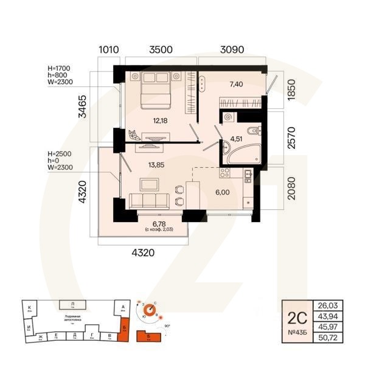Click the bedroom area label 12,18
click(x=160, y=120)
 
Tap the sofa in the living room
click(x=147, y=200)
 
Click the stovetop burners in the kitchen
click(x=224, y=173)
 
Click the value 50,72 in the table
click(x=327, y=336)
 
